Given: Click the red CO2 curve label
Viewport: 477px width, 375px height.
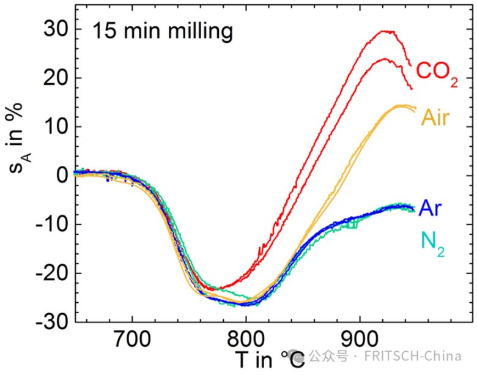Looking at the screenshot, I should tap(437, 72).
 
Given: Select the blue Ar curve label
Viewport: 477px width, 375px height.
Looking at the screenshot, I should tap(429, 209).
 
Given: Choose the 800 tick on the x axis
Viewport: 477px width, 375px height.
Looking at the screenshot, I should tap(245, 338).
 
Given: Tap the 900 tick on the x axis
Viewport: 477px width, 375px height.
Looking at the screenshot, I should tap(358, 338).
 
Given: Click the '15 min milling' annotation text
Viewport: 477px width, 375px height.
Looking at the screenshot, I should tap(162, 31).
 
